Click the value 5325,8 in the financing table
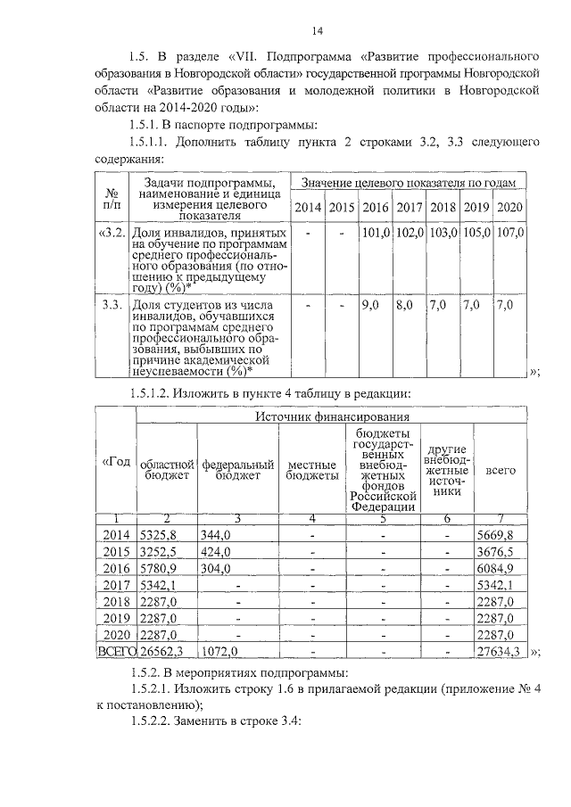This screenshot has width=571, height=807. tap(161, 534)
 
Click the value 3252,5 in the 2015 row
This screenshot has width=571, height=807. tap(161, 552)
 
